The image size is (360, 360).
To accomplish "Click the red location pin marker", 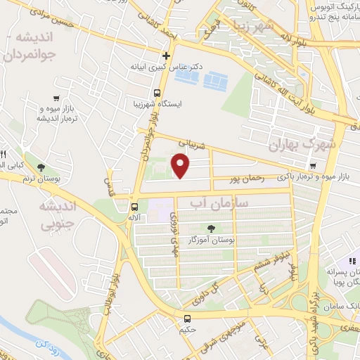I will tap(181, 165).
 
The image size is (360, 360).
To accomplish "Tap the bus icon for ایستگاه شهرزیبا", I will tap(157, 93).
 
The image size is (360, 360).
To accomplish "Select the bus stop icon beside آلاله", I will tap(134, 207).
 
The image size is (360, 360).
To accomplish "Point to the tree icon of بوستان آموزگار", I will tap(210, 228).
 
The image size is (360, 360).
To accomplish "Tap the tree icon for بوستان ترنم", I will tap(41, 167).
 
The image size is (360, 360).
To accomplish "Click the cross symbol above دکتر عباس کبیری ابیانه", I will tap(167, 56).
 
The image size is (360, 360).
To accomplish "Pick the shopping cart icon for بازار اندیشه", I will tap(56, 98).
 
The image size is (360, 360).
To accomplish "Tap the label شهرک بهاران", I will tap(304, 145).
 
